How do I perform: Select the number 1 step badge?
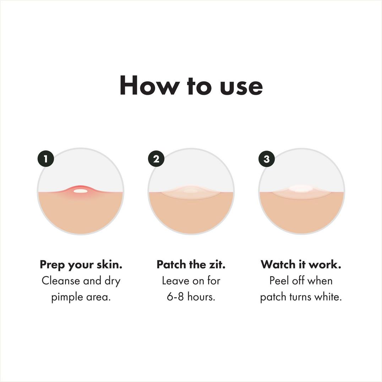[x=45, y=159]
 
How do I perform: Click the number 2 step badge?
[x=156, y=159]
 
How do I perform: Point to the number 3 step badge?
[x=267, y=159]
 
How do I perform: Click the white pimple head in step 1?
[x=81, y=191]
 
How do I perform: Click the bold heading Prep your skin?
[x=81, y=265]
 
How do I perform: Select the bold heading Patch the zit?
[x=191, y=264]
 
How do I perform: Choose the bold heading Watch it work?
[x=301, y=264]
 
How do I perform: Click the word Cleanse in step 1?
[x=61, y=281]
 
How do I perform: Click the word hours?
[x=201, y=297]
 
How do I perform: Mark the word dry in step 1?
[x=113, y=281]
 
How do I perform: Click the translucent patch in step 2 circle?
[x=191, y=192]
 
